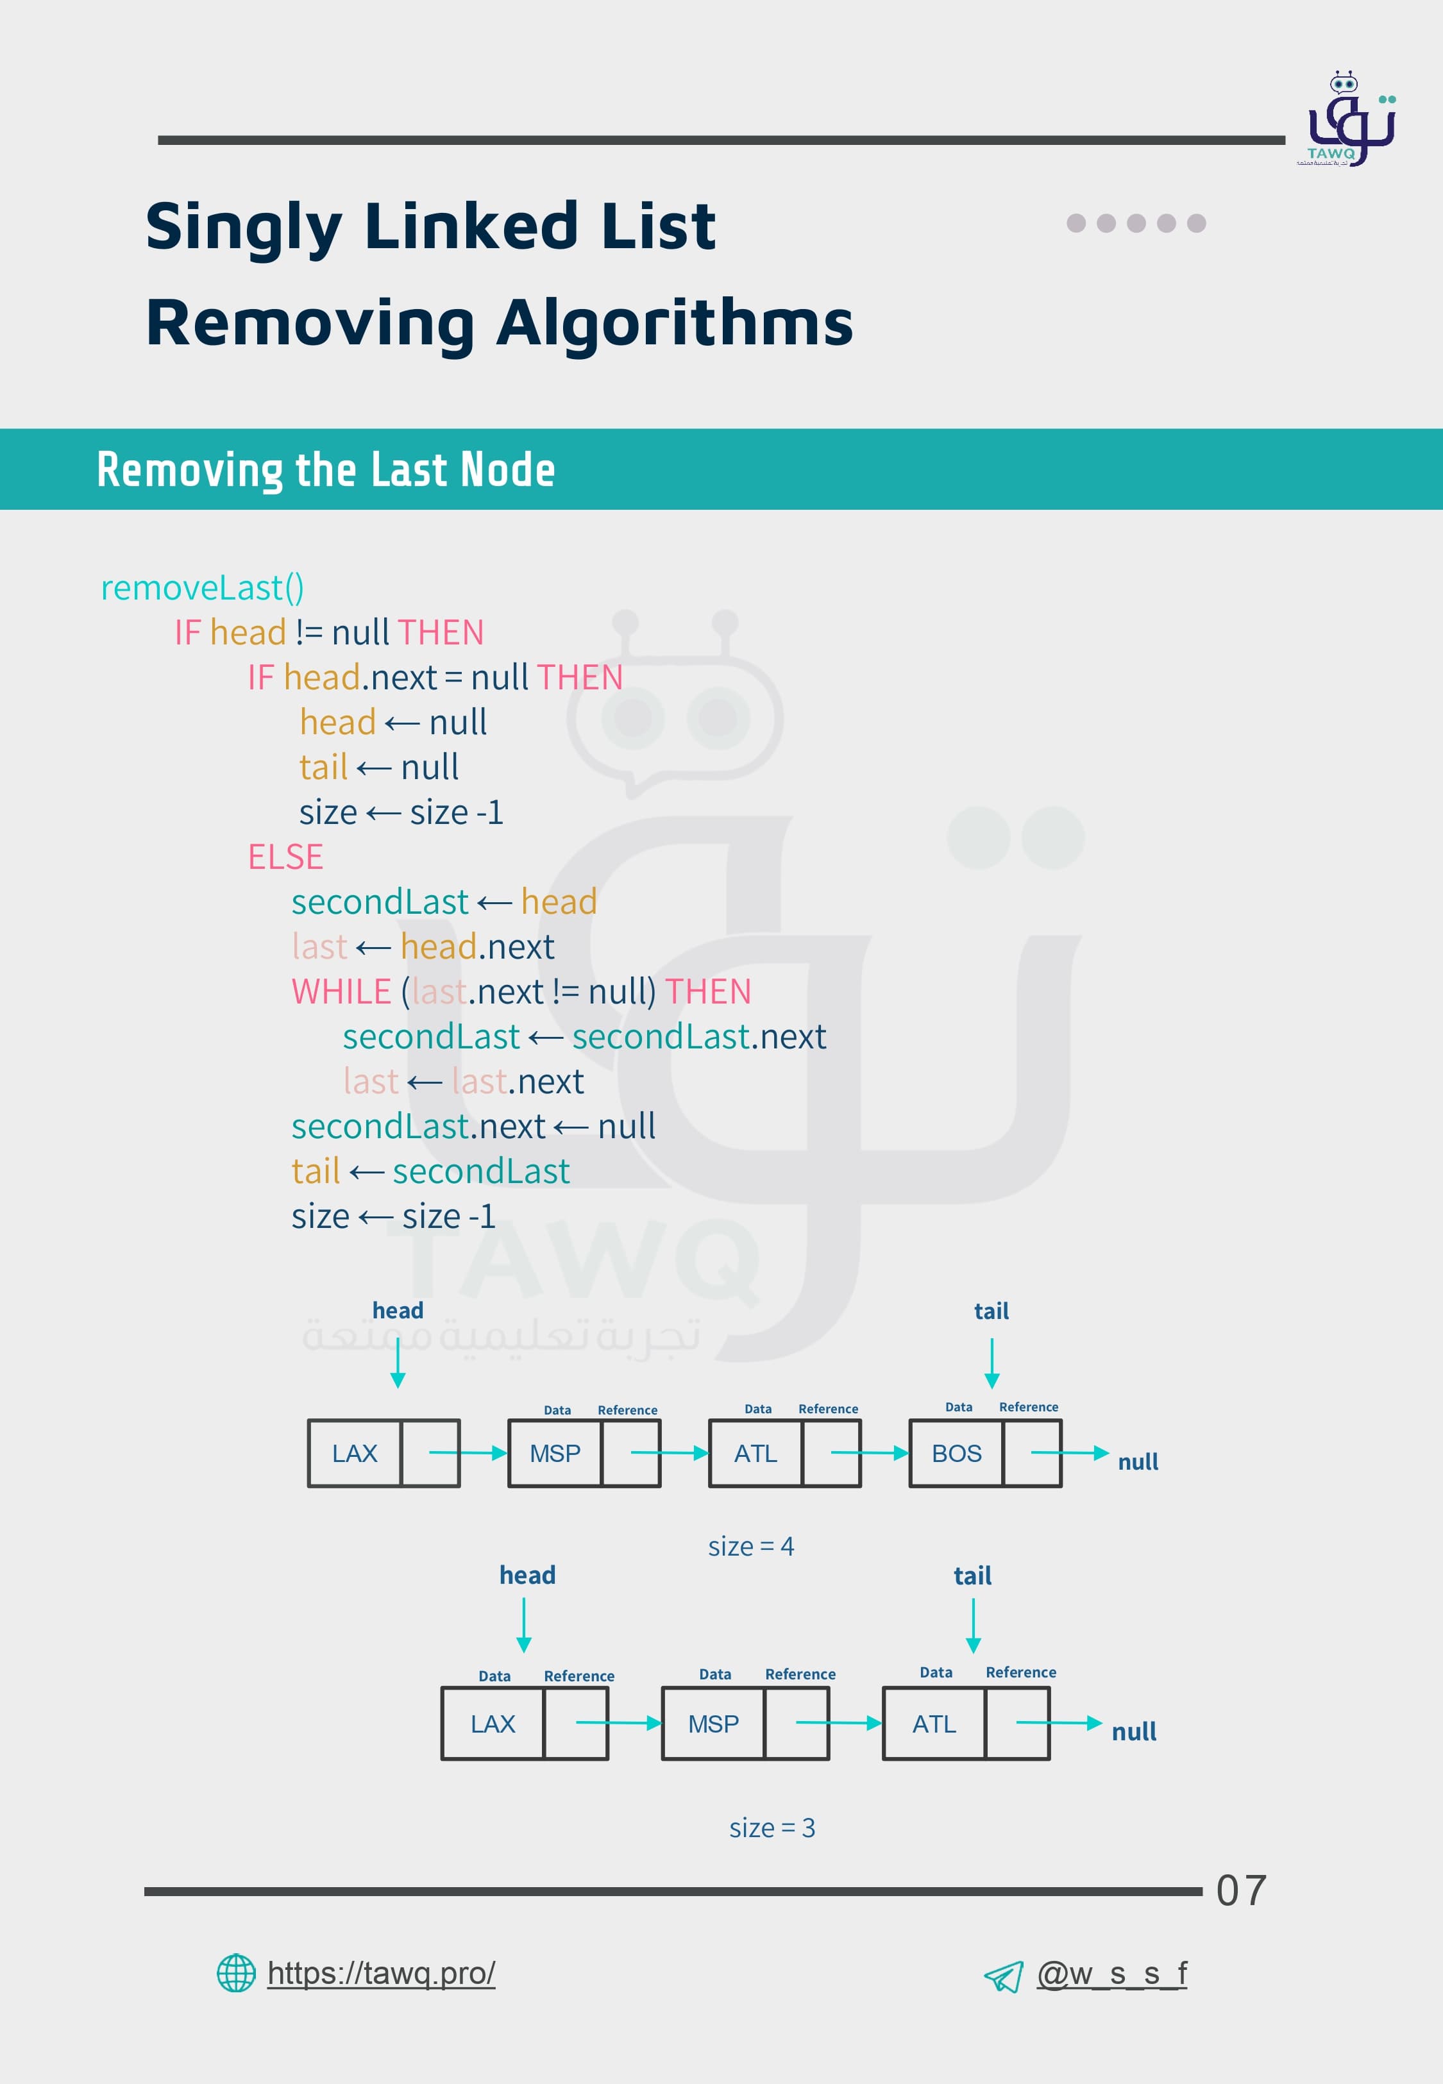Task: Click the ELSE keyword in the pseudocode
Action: click(x=285, y=857)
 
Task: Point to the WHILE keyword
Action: click(x=340, y=991)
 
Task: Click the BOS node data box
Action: click(x=956, y=1453)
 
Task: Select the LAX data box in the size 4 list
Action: click(x=355, y=1453)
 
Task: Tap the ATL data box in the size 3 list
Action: click(x=933, y=1724)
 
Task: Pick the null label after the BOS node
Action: click(x=1137, y=1461)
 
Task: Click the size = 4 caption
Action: click(x=750, y=1546)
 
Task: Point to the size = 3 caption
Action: click(x=772, y=1828)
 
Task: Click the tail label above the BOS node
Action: click(x=991, y=1311)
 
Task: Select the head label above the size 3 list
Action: click(x=527, y=1576)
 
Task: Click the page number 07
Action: click(x=1240, y=1890)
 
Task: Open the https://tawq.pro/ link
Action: click(x=381, y=1973)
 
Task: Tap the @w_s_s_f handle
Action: click(x=1111, y=1974)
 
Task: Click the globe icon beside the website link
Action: click(x=236, y=1973)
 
